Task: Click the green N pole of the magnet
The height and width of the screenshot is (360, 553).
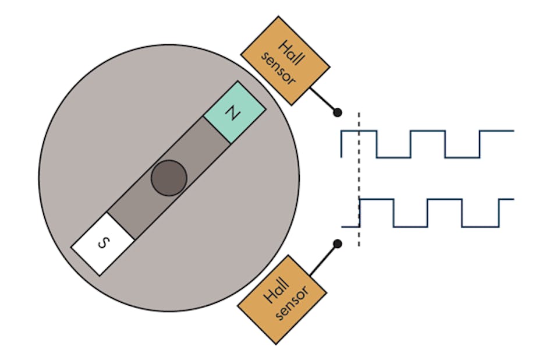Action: [235, 112]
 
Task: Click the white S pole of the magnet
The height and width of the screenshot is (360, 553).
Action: [102, 243]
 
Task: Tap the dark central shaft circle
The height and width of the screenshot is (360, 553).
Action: [169, 178]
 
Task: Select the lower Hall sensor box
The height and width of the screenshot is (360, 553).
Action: [283, 299]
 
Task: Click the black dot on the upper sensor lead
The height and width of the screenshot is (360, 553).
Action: [337, 112]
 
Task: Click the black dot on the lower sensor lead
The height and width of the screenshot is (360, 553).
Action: [337, 243]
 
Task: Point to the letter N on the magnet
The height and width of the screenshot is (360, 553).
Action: [233, 113]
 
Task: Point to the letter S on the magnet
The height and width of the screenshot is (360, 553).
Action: [102, 243]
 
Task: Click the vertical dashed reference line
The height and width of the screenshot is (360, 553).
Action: [358, 175]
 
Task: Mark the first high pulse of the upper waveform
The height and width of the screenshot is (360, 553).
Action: [359, 132]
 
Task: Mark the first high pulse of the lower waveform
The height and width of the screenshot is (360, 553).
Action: [377, 200]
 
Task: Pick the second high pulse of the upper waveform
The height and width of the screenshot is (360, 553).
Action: [428, 132]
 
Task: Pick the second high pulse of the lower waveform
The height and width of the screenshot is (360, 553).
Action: [445, 200]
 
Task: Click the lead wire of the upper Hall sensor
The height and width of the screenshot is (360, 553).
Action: [322, 99]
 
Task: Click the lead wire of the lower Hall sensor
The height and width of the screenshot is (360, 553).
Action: [323, 258]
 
